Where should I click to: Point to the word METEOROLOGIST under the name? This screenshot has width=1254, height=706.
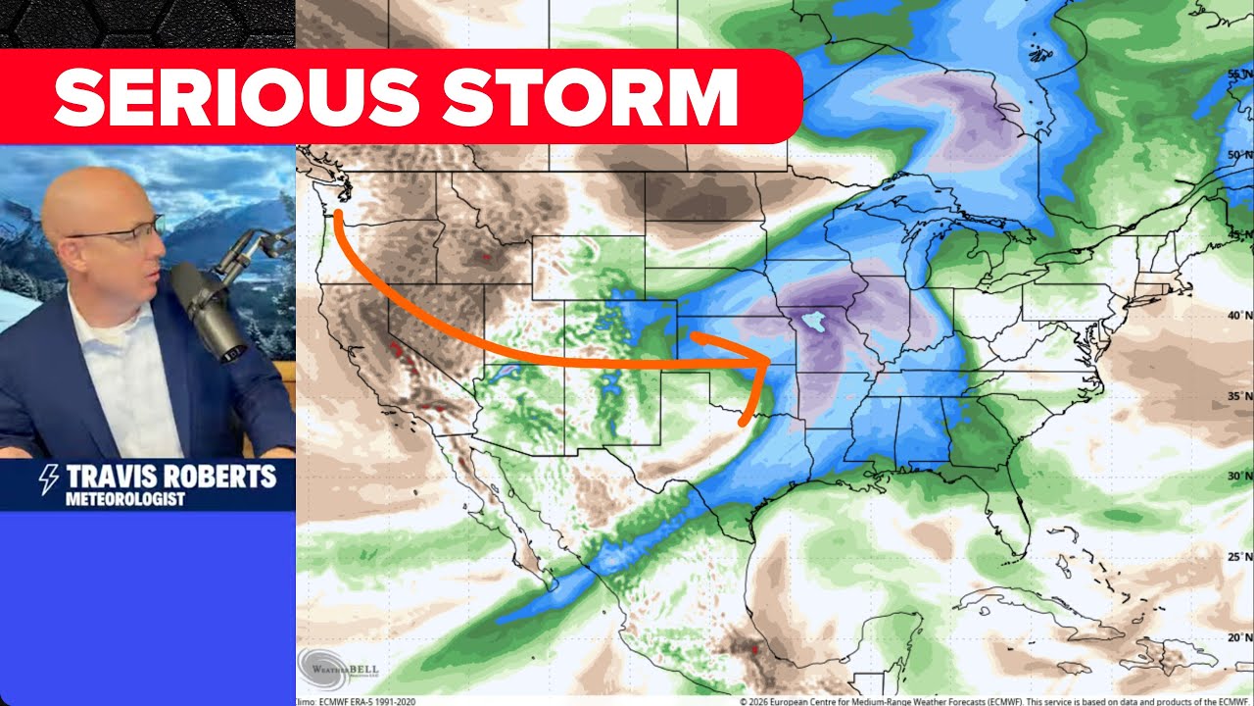124,500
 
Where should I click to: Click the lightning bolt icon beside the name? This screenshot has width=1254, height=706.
47,479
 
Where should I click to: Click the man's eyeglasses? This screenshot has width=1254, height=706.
122,231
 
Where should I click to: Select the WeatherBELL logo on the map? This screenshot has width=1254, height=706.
338,667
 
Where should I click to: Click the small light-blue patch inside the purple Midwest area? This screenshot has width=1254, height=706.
810,320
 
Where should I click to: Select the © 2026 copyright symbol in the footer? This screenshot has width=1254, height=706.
744,701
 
